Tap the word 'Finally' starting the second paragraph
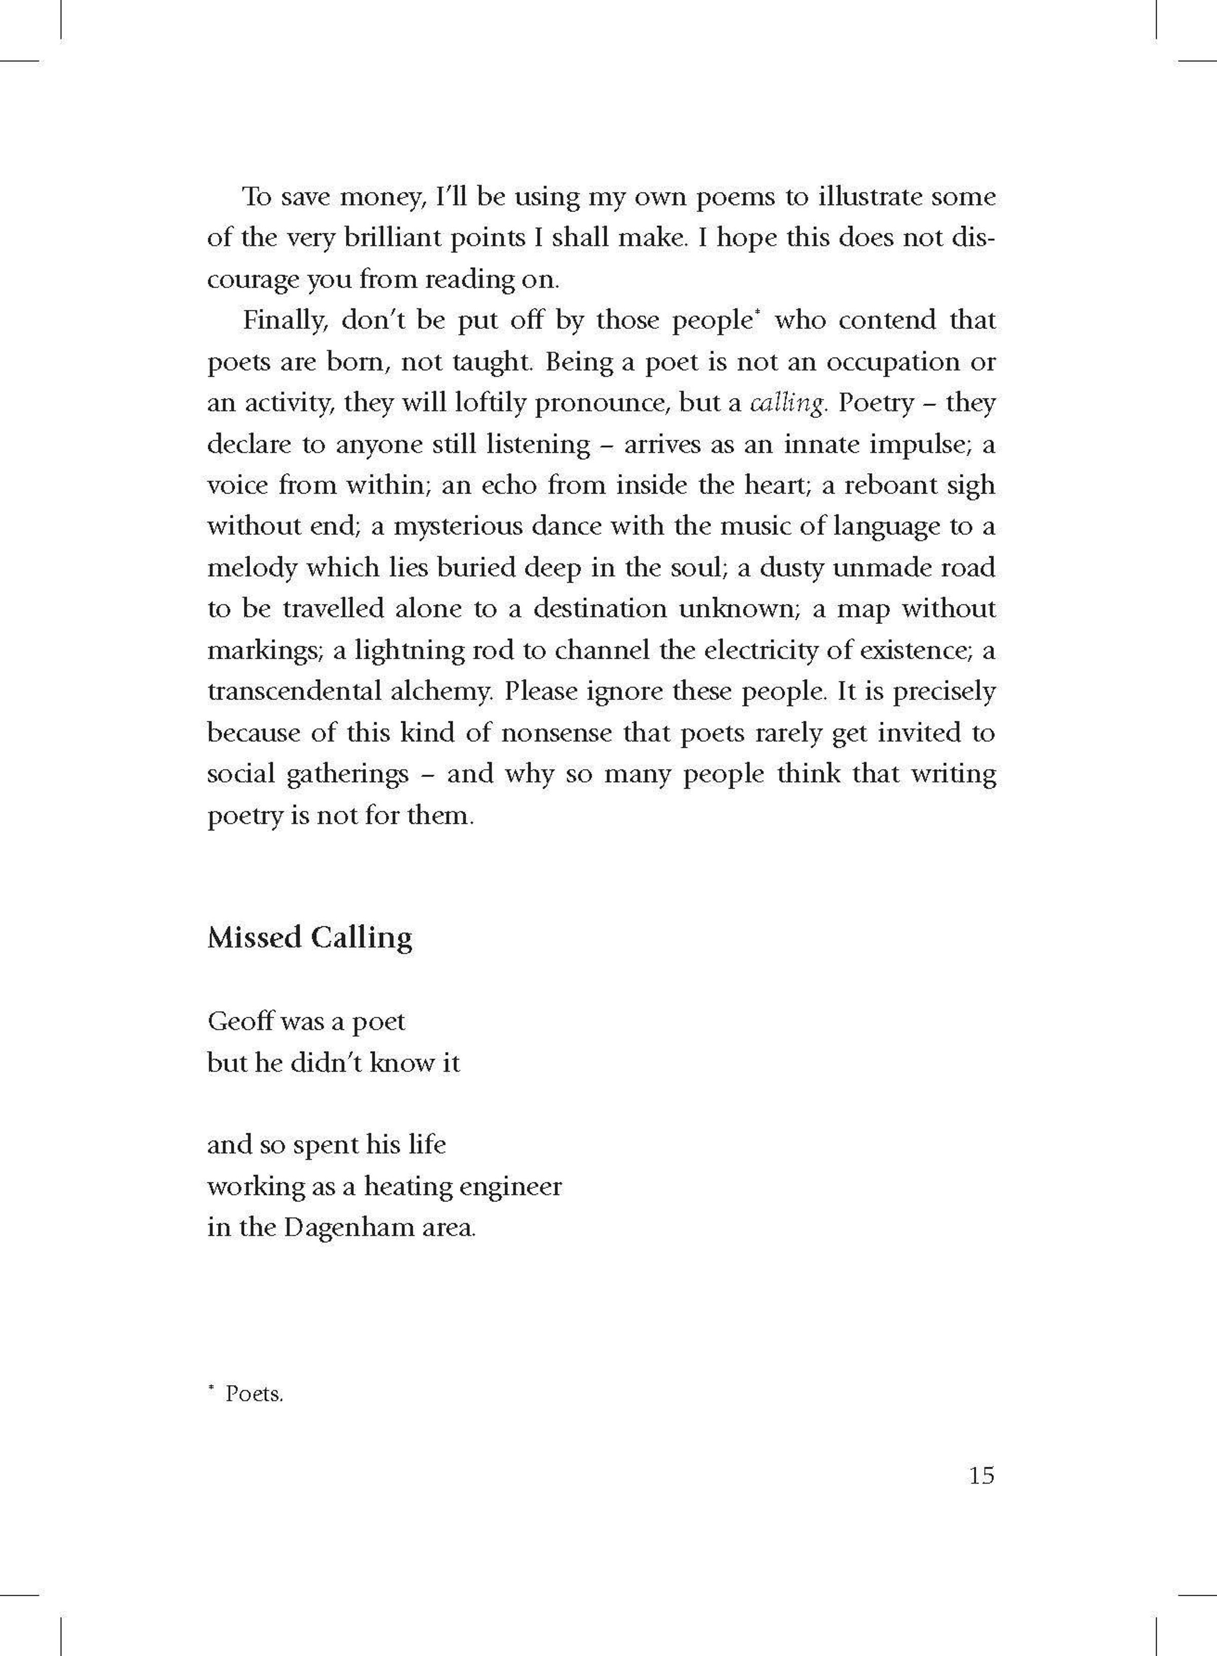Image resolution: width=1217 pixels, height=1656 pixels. [x=286, y=321]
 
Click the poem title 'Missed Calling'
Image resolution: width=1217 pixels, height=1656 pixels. [x=309, y=938]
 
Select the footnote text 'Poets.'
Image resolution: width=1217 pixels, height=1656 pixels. [x=254, y=1394]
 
